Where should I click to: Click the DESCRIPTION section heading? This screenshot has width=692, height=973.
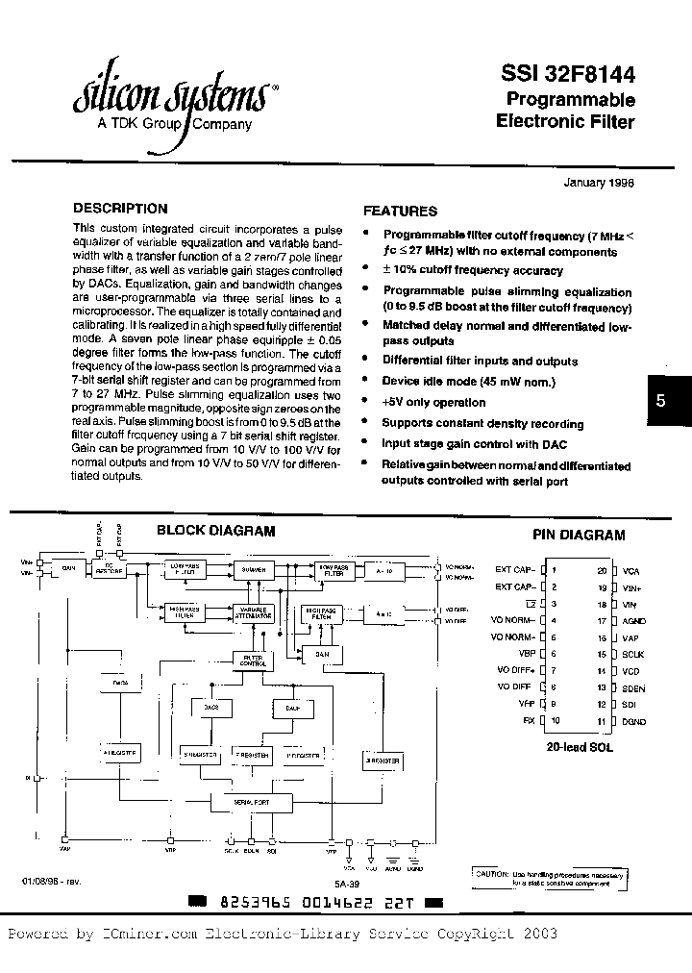coord(120,208)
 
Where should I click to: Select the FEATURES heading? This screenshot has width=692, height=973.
coord(400,211)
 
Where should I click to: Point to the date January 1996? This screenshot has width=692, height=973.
coord(598,183)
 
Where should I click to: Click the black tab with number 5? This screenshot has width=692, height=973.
coord(660,401)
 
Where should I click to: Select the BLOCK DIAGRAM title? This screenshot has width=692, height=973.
coord(215,530)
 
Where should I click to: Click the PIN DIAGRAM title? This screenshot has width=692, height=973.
coord(579,536)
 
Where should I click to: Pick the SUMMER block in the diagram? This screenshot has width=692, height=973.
coord(255,569)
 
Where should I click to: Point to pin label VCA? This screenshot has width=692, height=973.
coord(631,570)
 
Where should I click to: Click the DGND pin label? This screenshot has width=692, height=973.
coord(634,720)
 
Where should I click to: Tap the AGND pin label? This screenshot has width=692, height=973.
coord(634,620)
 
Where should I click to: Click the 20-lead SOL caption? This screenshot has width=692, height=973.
coord(580,746)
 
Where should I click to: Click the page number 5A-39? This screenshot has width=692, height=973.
coord(348,881)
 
